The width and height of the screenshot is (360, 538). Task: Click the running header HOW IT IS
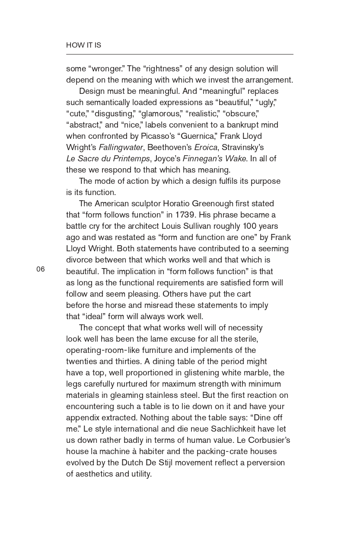pos(83,45)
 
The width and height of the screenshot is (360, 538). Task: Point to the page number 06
pos(41,269)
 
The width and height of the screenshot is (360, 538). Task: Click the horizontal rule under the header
pos(179,54)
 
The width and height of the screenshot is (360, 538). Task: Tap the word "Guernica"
pos(199,136)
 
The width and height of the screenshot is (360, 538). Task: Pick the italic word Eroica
pos(205,147)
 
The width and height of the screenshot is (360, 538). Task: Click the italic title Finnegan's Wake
pos(214,159)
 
